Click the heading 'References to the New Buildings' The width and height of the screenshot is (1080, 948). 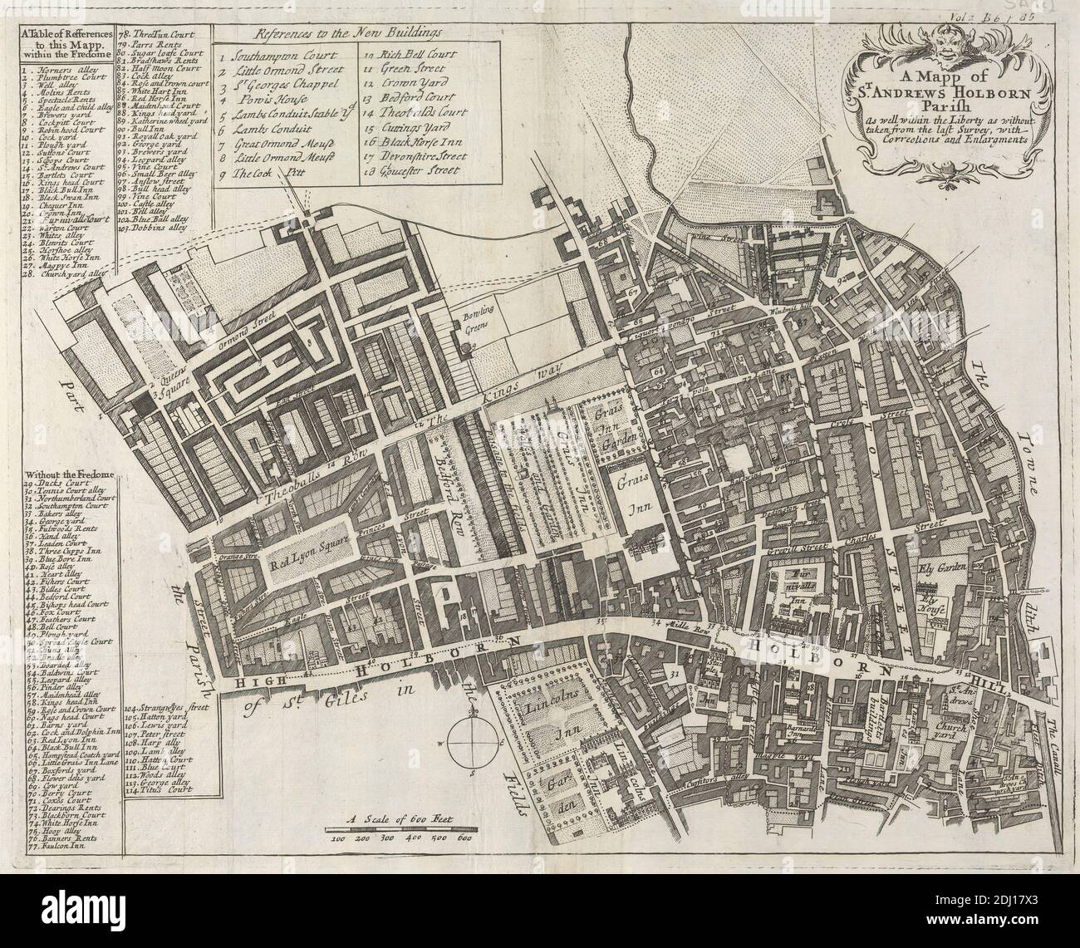click(x=349, y=33)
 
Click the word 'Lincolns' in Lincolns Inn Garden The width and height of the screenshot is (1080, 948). click(x=551, y=706)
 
